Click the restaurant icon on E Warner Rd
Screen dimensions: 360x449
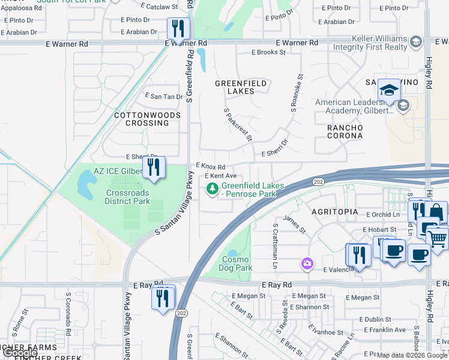(x=178, y=28)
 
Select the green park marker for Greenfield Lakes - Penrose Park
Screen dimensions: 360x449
(x=212, y=189)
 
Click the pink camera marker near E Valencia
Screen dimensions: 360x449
(x=307, y=263)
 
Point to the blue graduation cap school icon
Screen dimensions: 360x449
(x=390, y=91)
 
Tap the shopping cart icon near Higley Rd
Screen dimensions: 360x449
(x=438, y=238)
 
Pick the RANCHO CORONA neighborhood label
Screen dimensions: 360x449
(x=345, y=131)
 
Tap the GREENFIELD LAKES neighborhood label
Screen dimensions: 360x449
(x=235, y=87)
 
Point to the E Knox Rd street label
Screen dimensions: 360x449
(x=210, y=166)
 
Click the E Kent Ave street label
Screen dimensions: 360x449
(x=221, y=176)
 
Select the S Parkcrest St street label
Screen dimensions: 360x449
(x=238, y=125)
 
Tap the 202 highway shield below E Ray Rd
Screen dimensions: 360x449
(x=181, y=313)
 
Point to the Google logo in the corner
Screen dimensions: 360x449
(x=20, y=353)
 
